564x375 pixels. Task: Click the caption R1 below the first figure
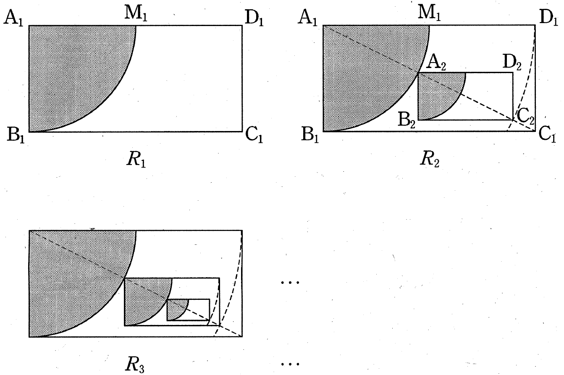(136, 160)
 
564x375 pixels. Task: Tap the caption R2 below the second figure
(430, 160)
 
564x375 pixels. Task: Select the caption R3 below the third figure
(135, 365)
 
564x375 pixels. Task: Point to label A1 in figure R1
(13, 18)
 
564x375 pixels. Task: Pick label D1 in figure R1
(254, 18)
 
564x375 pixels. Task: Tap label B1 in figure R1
(16, 135)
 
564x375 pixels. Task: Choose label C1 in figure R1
(254, 135)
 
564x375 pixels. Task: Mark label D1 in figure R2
(549, 18)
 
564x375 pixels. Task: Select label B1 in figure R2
(310, 135)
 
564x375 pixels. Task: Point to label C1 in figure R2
(547, 135)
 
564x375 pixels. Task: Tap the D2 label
(512, 63)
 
